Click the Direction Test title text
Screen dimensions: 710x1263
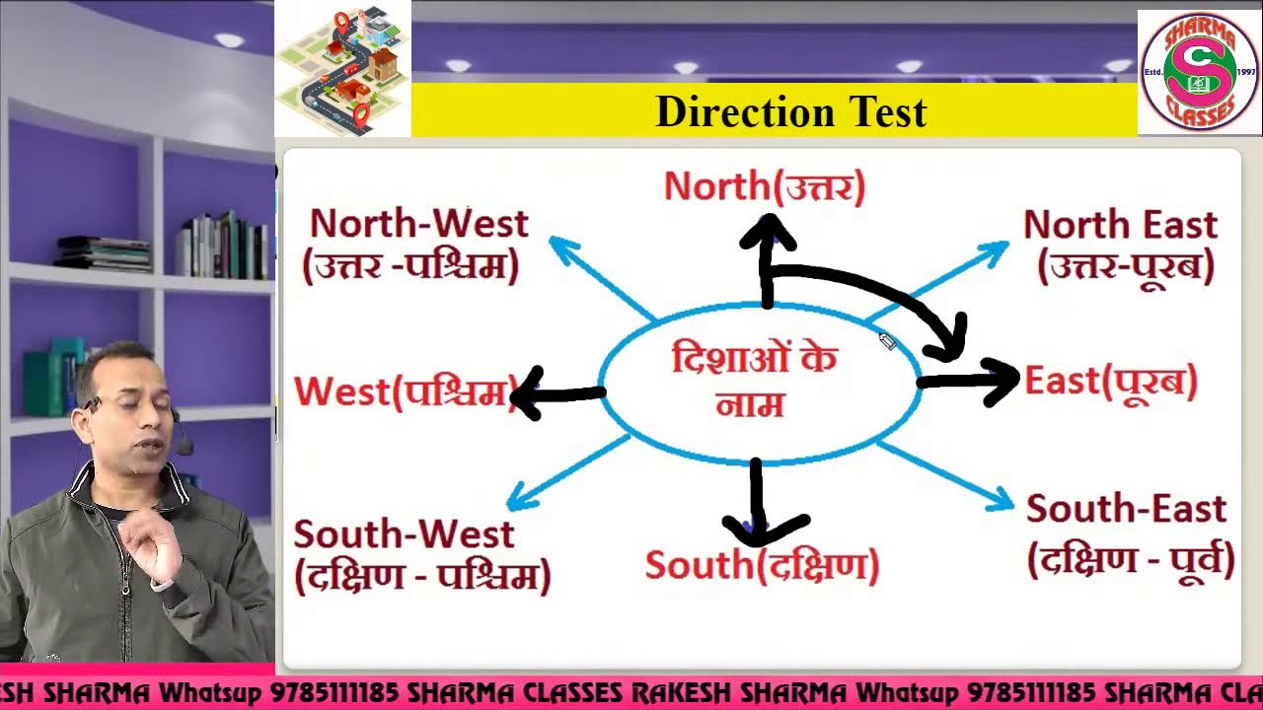click(x=790, y=111)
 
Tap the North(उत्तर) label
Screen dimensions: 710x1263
click(x=764, y=186)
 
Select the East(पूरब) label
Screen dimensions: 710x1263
click(x=1110, y=382)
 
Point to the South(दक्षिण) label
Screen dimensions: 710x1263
click(x=761, y=566)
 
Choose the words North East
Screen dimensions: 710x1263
click(x=1120, y=225)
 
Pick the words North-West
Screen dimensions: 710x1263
click(x=418, y=224)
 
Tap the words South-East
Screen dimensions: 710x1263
click(x=1126, y=509)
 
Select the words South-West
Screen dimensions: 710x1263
click(x=404, y=533)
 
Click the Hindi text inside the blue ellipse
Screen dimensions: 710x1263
click(x=754, y=381)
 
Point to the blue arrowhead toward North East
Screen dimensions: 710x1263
click(x=997, y=248)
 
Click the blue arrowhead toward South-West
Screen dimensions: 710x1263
click(x=517, y=499)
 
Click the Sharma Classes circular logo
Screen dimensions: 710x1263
click(x=1199, y=72)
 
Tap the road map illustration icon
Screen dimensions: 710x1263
click(x=341, y=69)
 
